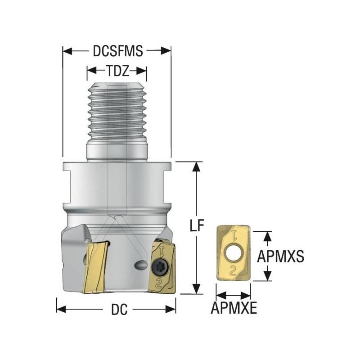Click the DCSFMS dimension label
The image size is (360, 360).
[x=118, y=51]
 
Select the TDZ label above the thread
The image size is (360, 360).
[x=117, y=71]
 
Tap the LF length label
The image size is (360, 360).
[x=194, y=226]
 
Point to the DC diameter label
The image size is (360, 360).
[x=118, y=310]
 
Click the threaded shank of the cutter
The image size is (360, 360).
[x=117, y=112]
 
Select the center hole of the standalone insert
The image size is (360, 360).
[x=234, y=253]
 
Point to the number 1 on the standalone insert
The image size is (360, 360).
[x=234, y=235]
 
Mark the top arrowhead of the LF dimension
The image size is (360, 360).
[x=195, y=166]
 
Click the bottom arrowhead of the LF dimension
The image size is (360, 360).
[x=195, y=289]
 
